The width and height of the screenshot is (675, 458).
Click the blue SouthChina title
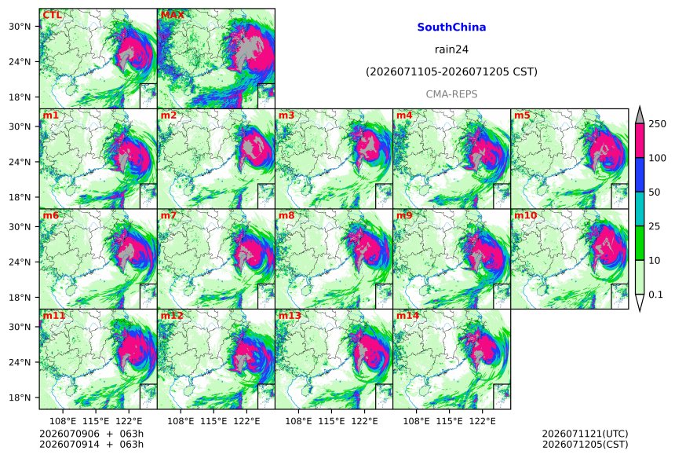pyautogui.click(x=451, y=27)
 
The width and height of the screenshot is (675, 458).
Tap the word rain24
pyautogui.click(x=451, y=49)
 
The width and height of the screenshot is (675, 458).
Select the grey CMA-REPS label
pyautogui.click(x=451, y=94)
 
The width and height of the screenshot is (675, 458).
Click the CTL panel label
pyautogui.click(x=52, y=15)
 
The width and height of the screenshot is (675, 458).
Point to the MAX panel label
pyautogui.click(x=172, y=15)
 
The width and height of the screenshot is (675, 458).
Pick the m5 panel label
pyautogui.click(x=522, y=115)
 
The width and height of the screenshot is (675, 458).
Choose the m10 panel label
pyautogui.click(x=525, y=215)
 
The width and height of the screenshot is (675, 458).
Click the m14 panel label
pyautogui.click(x=407, y=315)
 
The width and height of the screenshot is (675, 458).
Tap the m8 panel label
pyautogui.click(x=286, y=215)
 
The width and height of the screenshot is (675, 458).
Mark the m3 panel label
pyautogui.click(x=286, y=115)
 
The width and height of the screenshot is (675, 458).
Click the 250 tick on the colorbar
pyautogui.click(x=658, y=123)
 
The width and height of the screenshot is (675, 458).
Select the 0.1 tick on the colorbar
pyautogui.click(x=655, y=295)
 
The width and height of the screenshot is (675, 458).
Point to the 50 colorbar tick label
pyautogui.click(x=655, y=192)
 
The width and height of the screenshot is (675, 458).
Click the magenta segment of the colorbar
pyautogui.click(x=640, y=141)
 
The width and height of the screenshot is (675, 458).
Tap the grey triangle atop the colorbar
pyautogui.click(x=640, y=115)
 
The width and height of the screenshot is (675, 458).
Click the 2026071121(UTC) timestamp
pyautogui.click(x=585, y=434)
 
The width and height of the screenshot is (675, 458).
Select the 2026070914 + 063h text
pyautogui.click(x=91, y=444)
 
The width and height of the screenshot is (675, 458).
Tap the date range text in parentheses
pyautogui.click(x=451, y=71)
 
